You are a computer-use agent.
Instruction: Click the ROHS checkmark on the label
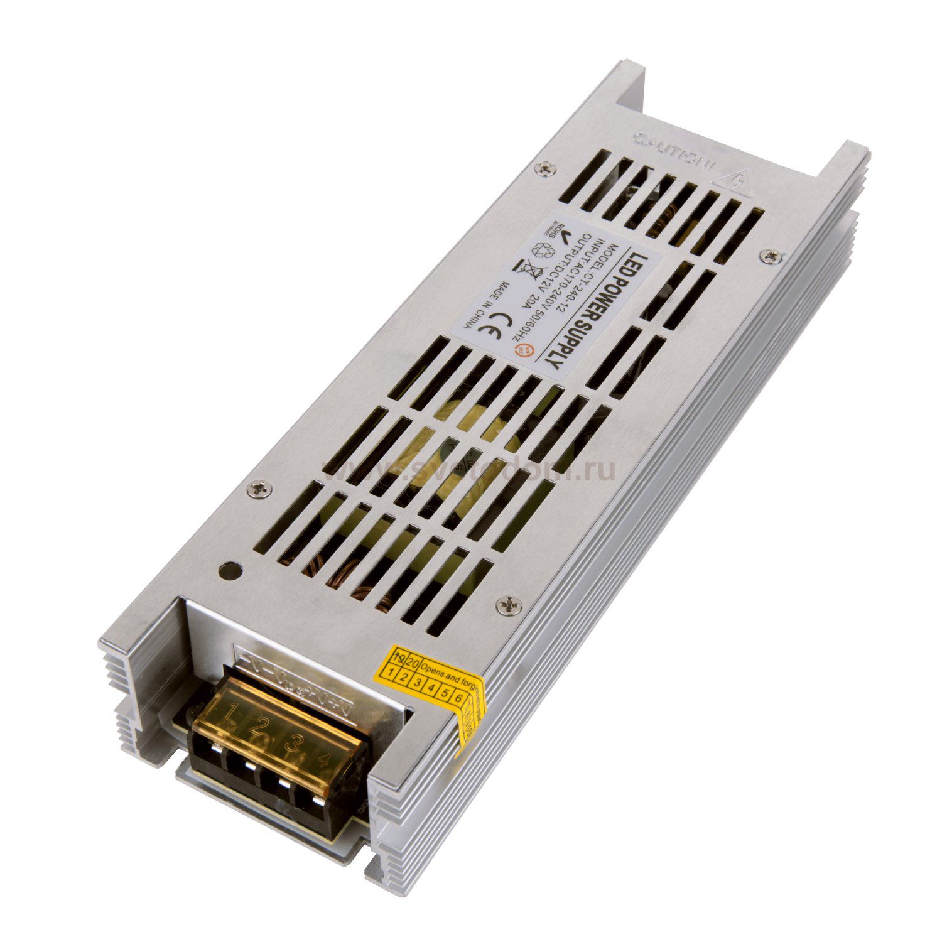click(561, 235)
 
